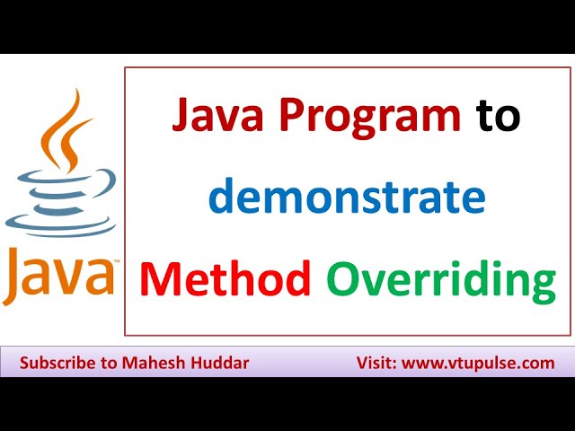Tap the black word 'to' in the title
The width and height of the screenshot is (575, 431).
tap(499, 118)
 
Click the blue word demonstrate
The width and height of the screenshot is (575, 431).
tap(347, 197)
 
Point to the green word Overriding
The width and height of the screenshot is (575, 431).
tap(440, 280)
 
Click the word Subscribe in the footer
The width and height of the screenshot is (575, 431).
tap(57, 364)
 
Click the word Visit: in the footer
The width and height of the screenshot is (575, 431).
tap(375, 364)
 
